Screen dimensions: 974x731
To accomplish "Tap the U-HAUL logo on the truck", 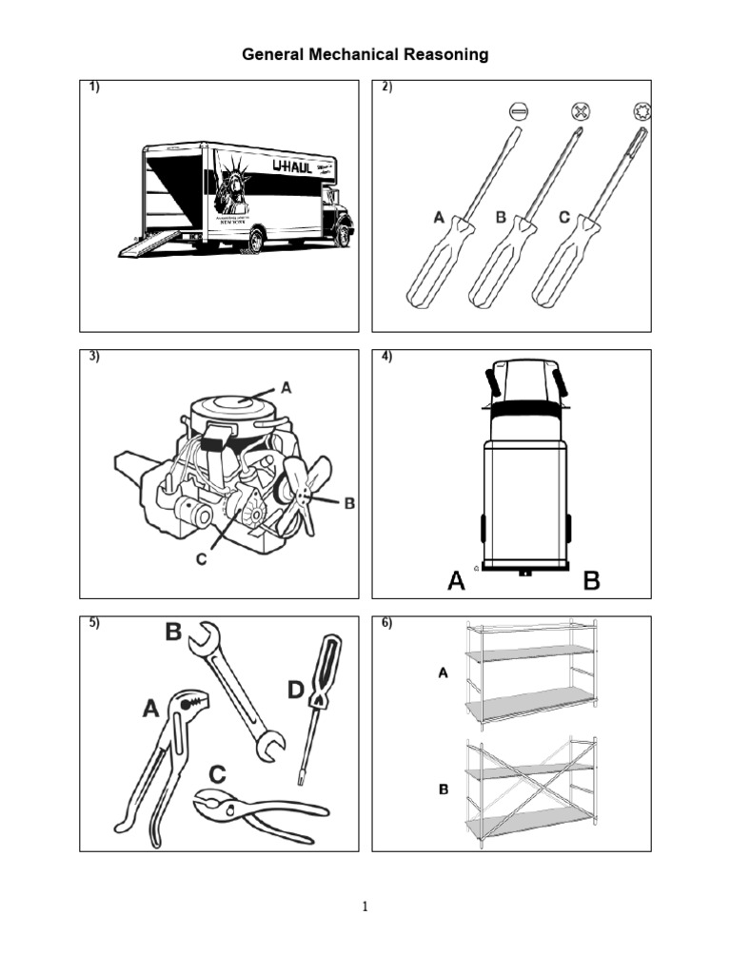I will tap(292, 167).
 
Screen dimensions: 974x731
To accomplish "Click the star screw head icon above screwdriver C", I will tap(642, 111).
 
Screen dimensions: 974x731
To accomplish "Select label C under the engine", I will tap(201, 560).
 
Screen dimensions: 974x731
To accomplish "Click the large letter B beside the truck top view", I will tap(591, 581).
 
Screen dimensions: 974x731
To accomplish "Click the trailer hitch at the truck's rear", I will tap(524, 573).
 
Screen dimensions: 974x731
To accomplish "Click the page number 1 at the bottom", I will tap(365, 906).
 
